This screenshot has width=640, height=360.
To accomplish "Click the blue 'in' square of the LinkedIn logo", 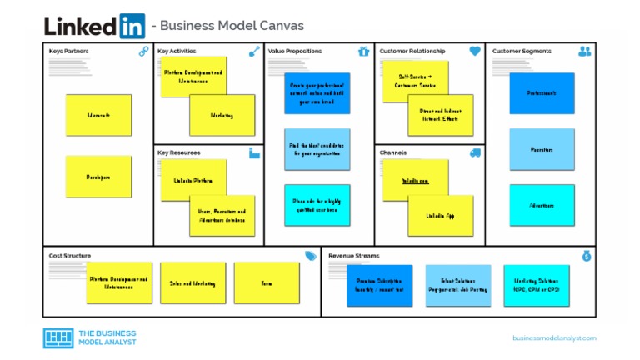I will click(x=132, y=26).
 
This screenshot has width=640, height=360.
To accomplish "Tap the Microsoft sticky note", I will click(x=98, y=115).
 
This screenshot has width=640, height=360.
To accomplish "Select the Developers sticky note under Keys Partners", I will click(x=98, y=177).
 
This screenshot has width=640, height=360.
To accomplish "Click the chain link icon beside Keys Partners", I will click(x=144, y=52).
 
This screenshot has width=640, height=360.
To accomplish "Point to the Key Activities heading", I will click(x=177, y=52).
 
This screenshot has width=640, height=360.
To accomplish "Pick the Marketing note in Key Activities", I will click(x=222, y=115).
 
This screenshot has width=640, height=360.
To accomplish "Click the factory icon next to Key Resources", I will click(x=254, y=152).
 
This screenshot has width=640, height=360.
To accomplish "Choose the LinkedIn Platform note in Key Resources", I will click(x=193, y=180).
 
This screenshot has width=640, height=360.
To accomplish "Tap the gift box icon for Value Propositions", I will click(x=363, y=52).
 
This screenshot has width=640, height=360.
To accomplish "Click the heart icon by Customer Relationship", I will click(x=475, y=52).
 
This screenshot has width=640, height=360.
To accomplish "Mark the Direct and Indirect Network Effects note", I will click(x=441, y=115).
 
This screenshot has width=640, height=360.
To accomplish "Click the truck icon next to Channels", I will click(x=475, y=152).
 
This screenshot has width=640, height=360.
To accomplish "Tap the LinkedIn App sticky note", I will click(x=441, y=216).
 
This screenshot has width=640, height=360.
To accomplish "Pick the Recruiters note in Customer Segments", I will click(x=542, y=150).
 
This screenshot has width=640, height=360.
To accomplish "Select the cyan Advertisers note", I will click(x=542, y=205).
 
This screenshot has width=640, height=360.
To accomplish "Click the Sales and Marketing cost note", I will click(x=192, y=283).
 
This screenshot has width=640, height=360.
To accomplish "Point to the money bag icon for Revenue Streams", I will click(x=587, y=256).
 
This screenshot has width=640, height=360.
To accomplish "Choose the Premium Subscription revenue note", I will click(x=379, y=286).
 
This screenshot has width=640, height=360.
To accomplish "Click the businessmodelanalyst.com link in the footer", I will click(x=554, y=337).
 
